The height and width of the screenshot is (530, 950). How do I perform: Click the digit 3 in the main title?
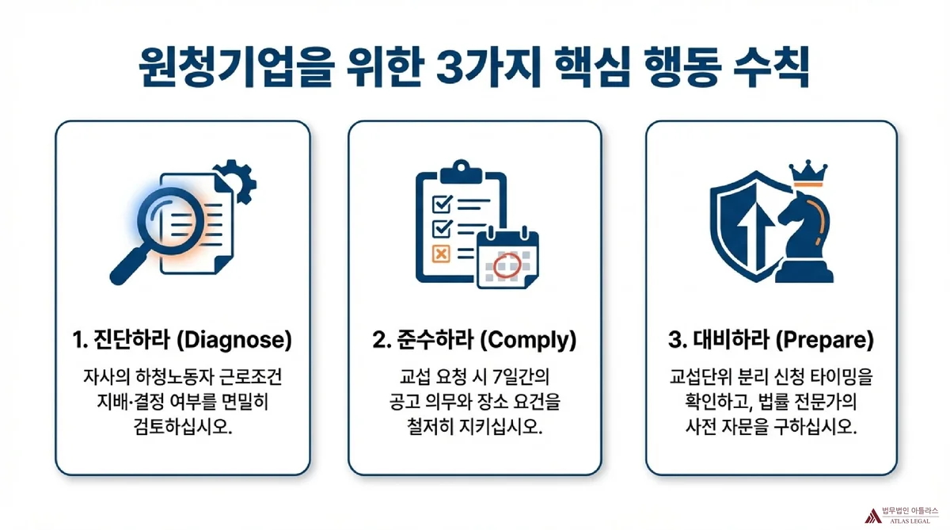click(449, 68)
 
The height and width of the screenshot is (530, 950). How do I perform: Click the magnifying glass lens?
click(171, 221)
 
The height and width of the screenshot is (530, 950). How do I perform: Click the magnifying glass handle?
click(128, 266)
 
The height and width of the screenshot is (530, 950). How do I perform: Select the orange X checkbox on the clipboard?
click(441, 254)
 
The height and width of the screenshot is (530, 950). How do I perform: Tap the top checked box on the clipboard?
click(442, 204)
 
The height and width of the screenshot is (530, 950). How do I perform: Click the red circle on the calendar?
click(507, 265)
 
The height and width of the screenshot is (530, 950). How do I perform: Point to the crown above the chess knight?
click(807, 173)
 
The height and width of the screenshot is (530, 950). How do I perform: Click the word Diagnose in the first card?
click(234, 341)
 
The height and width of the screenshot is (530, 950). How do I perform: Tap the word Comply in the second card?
click(528, 341)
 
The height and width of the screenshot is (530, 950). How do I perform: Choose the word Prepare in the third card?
click(824, 341)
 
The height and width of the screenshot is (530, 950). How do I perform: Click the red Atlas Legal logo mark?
click(872, 516)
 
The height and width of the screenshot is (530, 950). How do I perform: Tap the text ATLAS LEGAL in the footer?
click(910, 521)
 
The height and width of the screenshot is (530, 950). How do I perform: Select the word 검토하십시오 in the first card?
click(183, 426)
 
